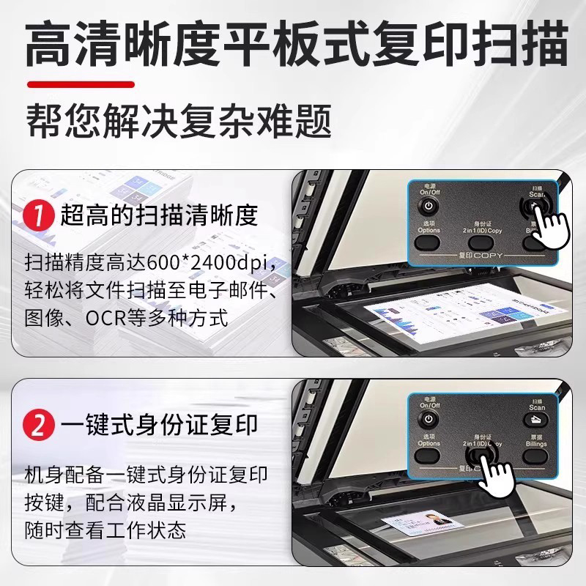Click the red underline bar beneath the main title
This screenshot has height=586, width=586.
81,84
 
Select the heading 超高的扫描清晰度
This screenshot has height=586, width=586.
159,215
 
